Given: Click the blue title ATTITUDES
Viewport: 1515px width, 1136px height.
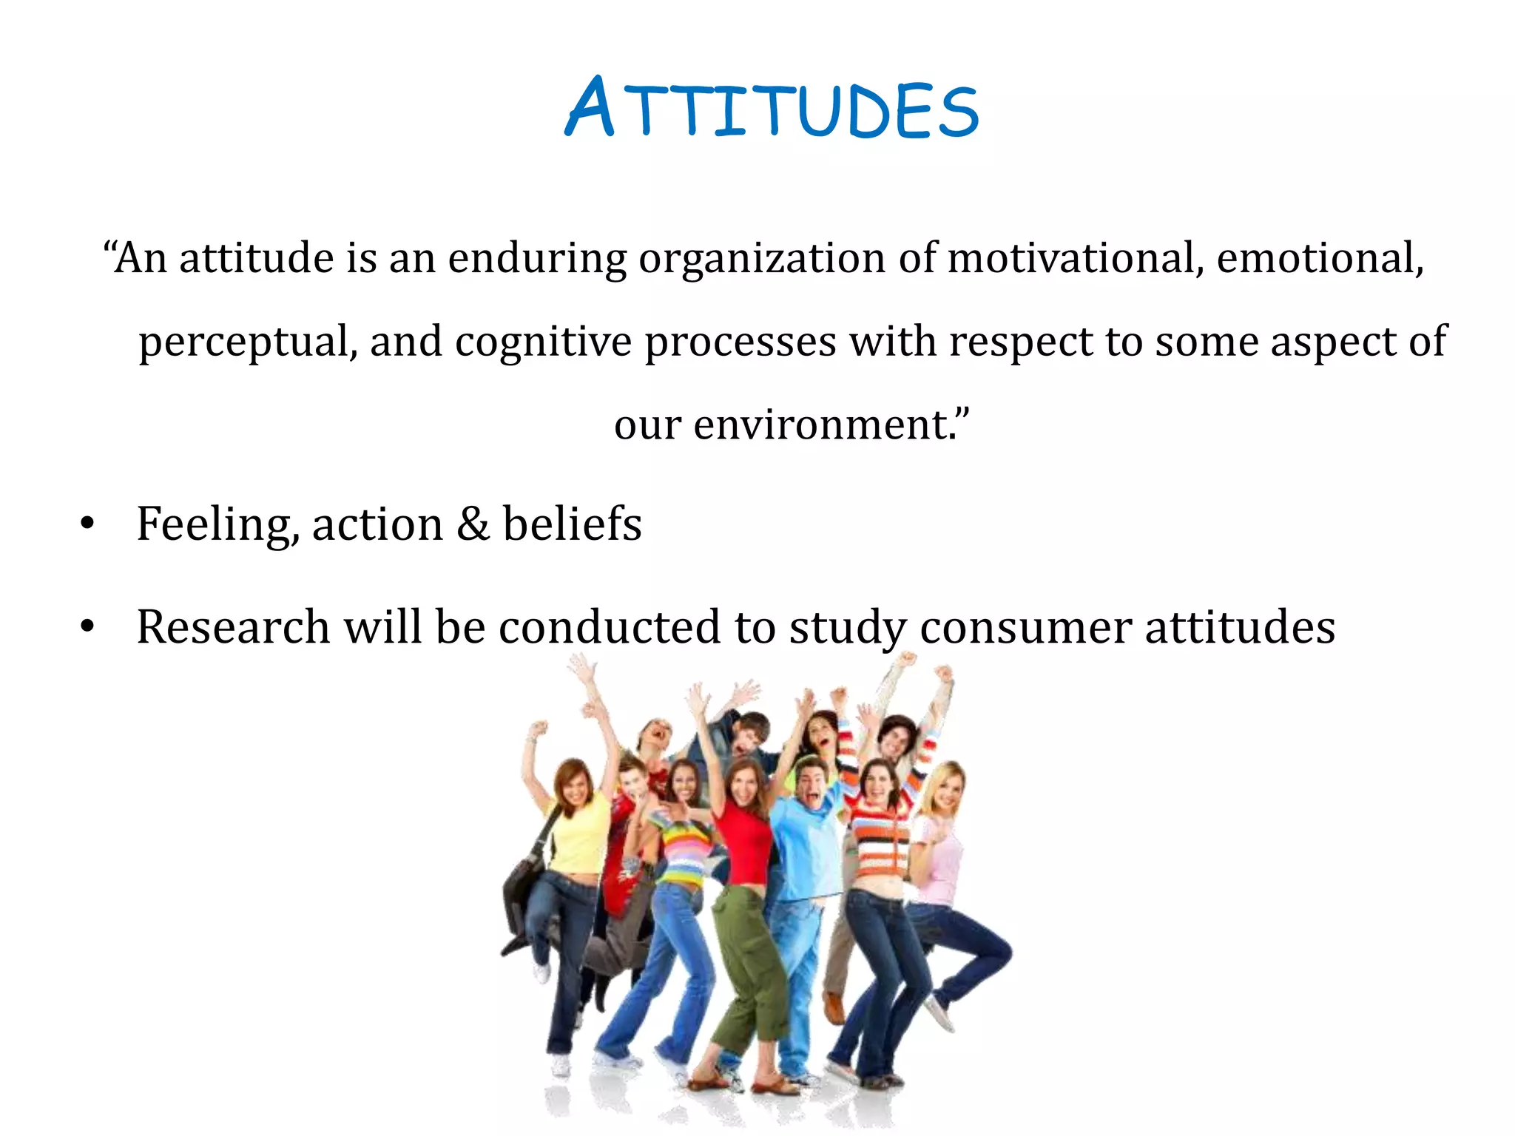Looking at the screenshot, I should pyautogui.click(x=772, y=109).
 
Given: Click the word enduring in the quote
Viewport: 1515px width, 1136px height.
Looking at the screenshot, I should pyautogui.click(x=537, y=259).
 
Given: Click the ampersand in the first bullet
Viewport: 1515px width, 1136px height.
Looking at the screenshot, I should pyautogui.click(x=472, y=524).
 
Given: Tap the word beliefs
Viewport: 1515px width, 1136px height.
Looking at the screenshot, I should pyautogui.click(x=572, y=524).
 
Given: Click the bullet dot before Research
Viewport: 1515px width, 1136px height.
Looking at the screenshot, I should pyautogui.click(x=88, y=627).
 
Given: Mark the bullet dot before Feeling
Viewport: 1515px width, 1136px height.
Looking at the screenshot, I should pyautogui.click(x=88, y=524).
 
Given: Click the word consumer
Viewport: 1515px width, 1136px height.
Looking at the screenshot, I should pyautogui.click(x=1025, y=627).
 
